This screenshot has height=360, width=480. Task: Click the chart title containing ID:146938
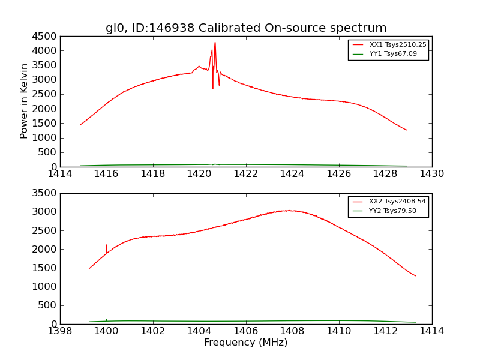[246, 28]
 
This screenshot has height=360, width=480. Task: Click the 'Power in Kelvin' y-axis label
[24, 101]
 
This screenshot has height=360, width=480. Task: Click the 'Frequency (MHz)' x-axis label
[246, 343]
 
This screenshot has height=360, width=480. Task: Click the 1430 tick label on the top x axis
[432, 174]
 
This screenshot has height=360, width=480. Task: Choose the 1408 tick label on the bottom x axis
[292, 331]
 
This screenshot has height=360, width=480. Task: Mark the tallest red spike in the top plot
[215, 43]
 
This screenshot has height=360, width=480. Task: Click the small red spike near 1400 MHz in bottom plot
[106, 245]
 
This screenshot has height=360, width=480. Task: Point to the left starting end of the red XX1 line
[80, 125]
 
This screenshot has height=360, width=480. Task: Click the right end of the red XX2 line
[415, 276]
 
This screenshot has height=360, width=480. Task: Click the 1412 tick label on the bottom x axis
[385, 331]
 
